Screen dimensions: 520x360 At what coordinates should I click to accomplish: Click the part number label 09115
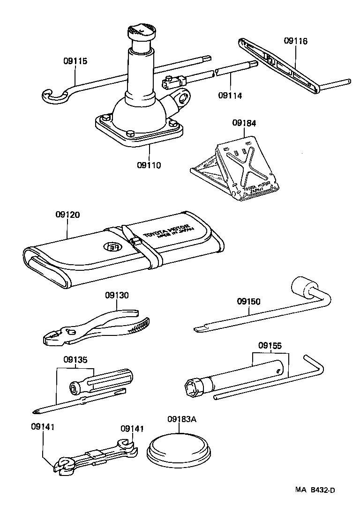click(75, 61)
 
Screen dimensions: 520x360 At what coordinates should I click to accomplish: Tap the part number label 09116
click(295, 41)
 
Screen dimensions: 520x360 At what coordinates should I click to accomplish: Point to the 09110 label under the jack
click(149, 165)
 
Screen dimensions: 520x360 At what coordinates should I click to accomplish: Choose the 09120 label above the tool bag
click(67, 215)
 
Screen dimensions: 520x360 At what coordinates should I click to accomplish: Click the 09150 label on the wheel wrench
click(248, 301)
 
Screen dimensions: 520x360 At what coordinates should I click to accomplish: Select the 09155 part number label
click(270, 346)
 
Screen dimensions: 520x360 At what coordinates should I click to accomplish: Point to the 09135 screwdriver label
click(75, 360)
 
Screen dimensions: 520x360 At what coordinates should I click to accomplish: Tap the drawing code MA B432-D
click(315, 490)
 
